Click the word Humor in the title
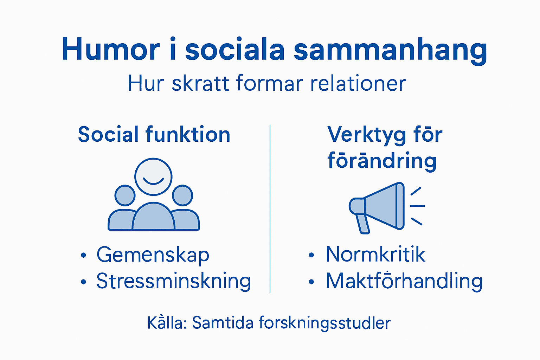(110, 49)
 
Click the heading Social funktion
(154, 135)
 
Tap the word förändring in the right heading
(382, 161)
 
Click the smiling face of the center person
(153, 176)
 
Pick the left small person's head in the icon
(125, 195)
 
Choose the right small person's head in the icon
(182, 195)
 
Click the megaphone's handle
(363, 224)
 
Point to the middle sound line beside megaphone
(417, 206)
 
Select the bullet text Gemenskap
(153, 255)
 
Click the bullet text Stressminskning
(174, 281)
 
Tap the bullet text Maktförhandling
(404, 281)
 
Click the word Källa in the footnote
(167, 323)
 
